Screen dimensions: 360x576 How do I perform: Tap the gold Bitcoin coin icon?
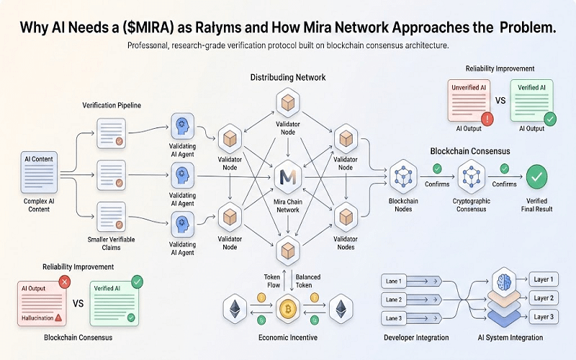tap(288, 310)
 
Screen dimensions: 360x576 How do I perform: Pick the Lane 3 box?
tap(395, 318)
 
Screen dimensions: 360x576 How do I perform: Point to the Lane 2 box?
tap(395, 299)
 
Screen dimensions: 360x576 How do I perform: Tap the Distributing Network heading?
tap(288, 76)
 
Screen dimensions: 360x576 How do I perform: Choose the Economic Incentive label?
tap(288, 336)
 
